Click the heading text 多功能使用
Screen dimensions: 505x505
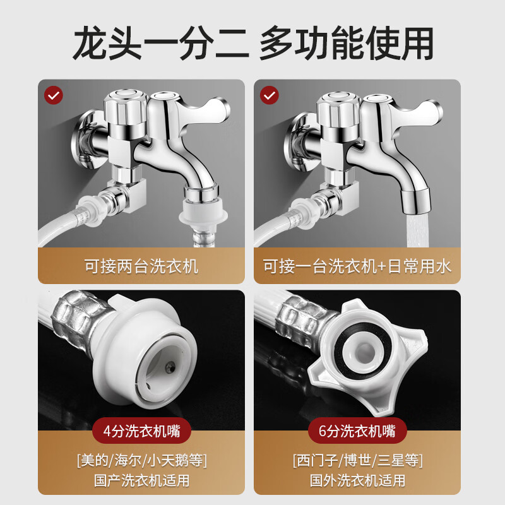pyautogui.click(x=346, y=43)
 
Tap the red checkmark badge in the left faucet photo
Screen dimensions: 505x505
pyautogui.click(x=54, y=95)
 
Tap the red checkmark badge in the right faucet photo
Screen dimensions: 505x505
pyautogui.click(x=270, y=95)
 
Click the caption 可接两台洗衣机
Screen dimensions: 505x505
pyautogui.click(x=141, y=266)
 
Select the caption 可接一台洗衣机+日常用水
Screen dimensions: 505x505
pyautogui.click(x=357, y=266)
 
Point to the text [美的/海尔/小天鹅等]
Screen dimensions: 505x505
pyautogui.click(x=141, y=459)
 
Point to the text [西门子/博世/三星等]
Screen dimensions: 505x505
pyautogui.click(x=357, y=459)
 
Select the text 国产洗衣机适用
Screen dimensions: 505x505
pyautogui.click(x=141, y=480)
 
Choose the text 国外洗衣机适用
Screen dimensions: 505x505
pyautogui.click(x=357, y=480)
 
